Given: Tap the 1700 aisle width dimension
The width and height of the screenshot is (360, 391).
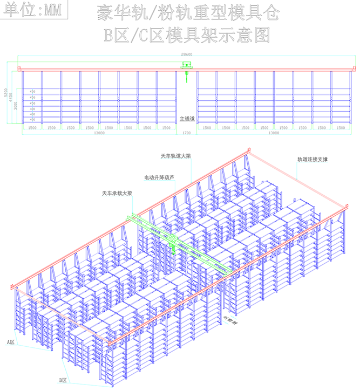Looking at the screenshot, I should click(187, 133).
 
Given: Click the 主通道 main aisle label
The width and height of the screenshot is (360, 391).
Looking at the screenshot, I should click(187, 118).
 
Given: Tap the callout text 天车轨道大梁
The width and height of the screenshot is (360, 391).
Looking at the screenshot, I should click(175, 156).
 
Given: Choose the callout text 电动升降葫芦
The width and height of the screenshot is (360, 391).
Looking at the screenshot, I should click(159, 176).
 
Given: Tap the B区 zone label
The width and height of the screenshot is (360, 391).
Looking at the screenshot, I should click(63, 380).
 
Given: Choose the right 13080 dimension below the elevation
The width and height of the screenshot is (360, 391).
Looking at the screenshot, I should click(274, 133).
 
